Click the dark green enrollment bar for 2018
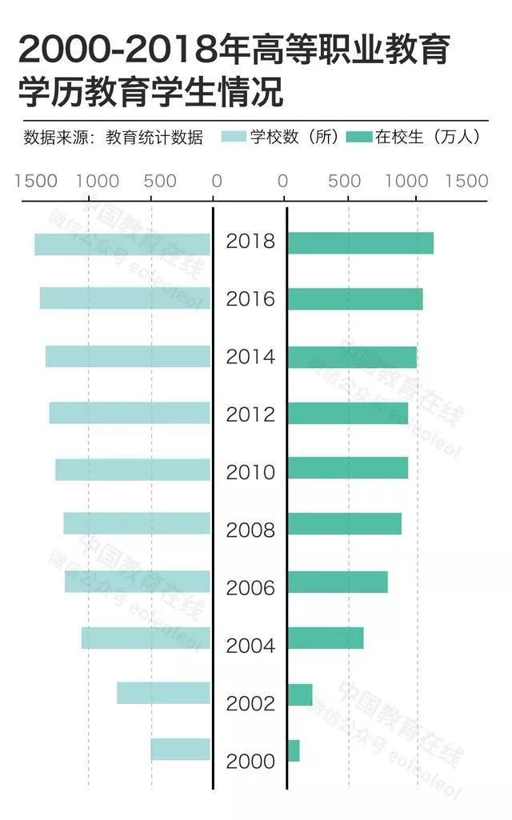(360, 243)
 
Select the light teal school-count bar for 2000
(181, 750)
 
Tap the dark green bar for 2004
(325, 638)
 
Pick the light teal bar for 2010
(133, 470)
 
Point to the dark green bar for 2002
(299, 694)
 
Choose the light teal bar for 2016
(125, 298)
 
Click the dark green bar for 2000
(293, 751)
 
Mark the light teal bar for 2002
(163, 693)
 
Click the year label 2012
(250, 414)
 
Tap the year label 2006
(250, 588)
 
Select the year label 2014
(250, 357)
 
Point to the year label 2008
(250, 530)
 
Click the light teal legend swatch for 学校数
(234, 137)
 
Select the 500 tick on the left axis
(160, 180)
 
